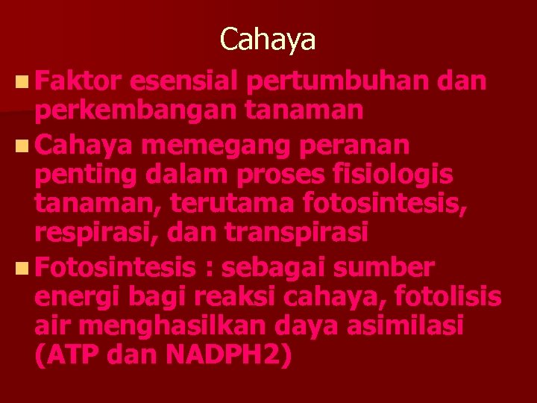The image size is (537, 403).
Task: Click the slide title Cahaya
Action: click(x=268, y=40)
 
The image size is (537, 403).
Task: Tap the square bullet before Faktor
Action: click(x=19, y=81)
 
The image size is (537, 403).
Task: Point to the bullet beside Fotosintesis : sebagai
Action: click(x=19, y=266)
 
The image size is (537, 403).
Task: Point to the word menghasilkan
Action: click(x=186, y=326)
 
